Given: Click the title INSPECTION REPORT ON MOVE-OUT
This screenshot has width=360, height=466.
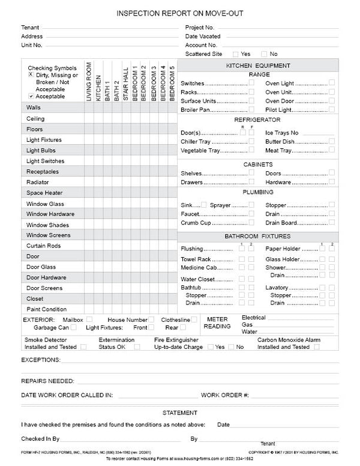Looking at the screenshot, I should (x=179, y=13).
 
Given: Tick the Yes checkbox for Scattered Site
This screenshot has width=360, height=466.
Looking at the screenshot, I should (x=236, y=54).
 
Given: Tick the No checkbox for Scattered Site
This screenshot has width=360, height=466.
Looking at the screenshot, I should (x=265, y=54).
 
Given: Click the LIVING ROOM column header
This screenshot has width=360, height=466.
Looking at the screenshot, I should (x=89, y=81).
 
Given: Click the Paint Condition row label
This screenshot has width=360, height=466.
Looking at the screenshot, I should (x=46, y=309).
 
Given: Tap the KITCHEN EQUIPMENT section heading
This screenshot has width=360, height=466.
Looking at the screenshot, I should (x=258, y=65).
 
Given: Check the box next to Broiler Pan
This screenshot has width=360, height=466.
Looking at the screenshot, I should (x=251, y=110).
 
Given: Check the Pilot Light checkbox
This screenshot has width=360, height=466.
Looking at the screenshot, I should (x=332, y=110).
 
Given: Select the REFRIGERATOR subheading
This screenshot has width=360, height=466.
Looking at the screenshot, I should (x=258, y=120).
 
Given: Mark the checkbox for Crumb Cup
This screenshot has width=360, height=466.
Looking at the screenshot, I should (x=251, y=222).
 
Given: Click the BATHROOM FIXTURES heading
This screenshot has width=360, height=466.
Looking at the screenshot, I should (x=258, y=237).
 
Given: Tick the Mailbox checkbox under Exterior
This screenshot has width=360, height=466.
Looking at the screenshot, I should (x=89, y=319).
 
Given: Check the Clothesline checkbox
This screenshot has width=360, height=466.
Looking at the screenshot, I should (x=194, y=319).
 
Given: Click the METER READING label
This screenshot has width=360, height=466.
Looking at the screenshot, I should (x=217, y=323).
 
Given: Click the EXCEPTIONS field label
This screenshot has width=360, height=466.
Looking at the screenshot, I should (x=41, y=360).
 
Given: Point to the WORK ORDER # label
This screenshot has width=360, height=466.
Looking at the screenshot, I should (x=224, y=395).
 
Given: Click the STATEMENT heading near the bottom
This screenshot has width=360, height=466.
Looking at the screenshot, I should (x=179, y=413).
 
